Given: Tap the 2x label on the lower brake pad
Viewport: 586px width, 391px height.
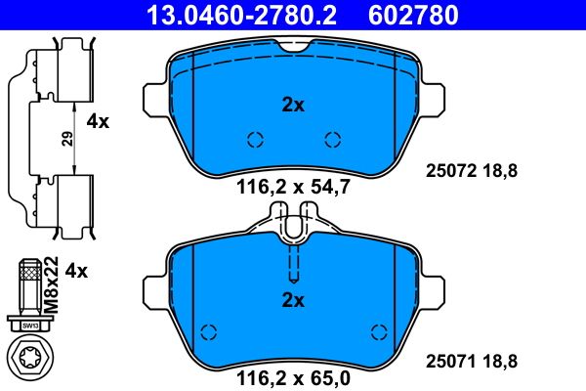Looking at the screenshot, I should point(293,299).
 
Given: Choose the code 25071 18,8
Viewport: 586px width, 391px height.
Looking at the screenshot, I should point(472,363).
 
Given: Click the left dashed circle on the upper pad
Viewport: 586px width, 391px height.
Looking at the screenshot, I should point(255,139).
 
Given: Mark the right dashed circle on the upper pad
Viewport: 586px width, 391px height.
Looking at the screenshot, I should point(332,139).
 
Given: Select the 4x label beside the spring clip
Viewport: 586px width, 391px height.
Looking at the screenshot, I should point(98,121).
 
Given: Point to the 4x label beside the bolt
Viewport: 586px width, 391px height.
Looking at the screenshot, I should point(77,269).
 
